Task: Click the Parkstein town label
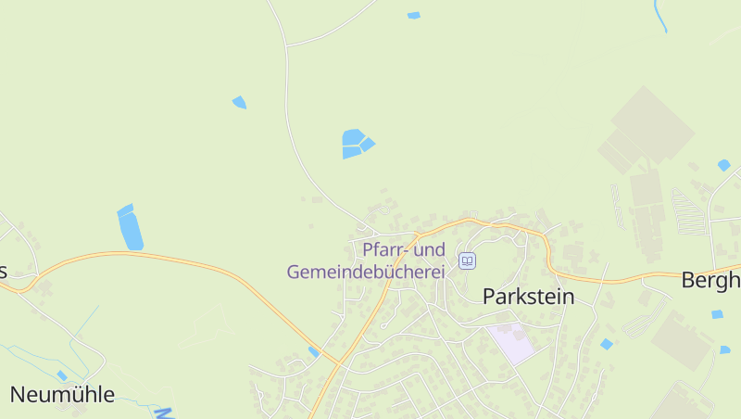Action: [528, 297]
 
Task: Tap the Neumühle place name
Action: [62, 395]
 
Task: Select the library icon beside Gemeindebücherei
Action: [468, 261]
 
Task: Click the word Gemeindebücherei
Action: [366, 273]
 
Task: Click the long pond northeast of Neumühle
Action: [130, 227]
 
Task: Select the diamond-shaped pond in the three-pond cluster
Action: [368, 144]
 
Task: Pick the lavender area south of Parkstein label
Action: [512, 344]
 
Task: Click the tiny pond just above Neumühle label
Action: [61, 375]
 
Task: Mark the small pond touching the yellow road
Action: [314, 351]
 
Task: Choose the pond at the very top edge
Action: [413, 15]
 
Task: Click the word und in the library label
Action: [429, 250]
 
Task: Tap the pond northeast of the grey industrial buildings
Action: [723, 165]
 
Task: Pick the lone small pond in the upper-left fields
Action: [240, 102]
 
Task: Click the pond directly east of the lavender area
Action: [606, 344]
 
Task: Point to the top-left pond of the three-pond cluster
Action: [352, 137]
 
